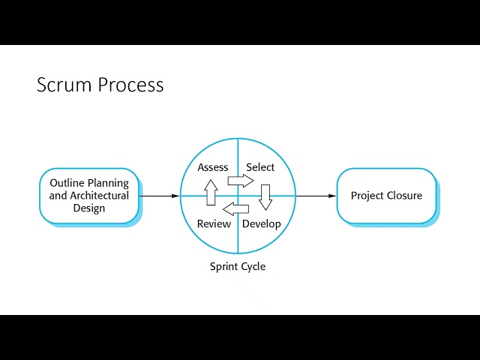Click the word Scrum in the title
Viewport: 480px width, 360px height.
(65, 85)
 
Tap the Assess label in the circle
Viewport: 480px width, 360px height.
(213, 167)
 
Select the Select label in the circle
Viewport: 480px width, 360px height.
(260, 167)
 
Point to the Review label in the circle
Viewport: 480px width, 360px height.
(214, 223)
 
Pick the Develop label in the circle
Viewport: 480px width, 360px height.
(262, 223)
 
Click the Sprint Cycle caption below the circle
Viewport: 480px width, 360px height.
(238, 266)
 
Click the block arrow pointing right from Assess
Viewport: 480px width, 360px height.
(241, 181)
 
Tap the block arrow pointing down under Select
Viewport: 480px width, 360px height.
(265, 196)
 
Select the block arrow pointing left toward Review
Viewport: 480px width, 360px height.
(236, 208)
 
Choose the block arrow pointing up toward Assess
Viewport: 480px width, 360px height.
(211, 193)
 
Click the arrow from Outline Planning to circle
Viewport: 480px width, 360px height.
(159, 196)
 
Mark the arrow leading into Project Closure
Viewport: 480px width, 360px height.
(316, 196)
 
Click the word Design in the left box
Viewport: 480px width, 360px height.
(89, 208)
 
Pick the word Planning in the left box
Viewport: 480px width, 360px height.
(109, 183)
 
